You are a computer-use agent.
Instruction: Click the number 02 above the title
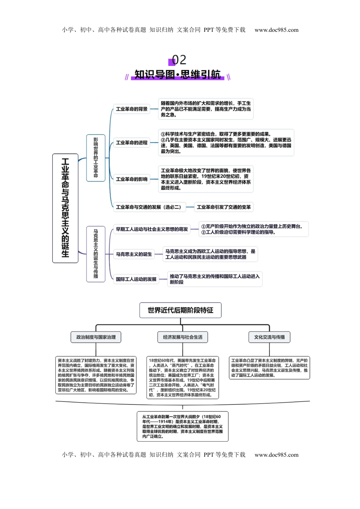179,60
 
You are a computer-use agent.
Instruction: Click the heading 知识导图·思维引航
177,74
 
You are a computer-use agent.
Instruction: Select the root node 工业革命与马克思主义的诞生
65,208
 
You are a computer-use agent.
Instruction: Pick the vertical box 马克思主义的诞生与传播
95,254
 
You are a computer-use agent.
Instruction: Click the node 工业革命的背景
131,109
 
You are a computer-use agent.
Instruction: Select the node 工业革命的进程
131,143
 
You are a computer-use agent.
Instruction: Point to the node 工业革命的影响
131,179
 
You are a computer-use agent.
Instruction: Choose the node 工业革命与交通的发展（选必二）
149,207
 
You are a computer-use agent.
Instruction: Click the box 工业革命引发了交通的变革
224,207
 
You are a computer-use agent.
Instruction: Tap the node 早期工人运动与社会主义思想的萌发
152,229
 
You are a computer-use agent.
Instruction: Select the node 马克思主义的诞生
134,254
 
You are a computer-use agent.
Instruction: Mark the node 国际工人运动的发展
136,279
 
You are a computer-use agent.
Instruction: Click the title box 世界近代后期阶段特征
180,310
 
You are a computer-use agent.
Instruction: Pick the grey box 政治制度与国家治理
96,337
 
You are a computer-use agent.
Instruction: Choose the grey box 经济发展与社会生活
183,337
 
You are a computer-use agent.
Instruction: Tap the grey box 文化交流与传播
269,337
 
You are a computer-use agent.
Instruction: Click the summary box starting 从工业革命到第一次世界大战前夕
183,426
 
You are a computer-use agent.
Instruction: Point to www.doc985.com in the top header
276,30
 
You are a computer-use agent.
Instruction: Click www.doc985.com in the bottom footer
276,455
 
